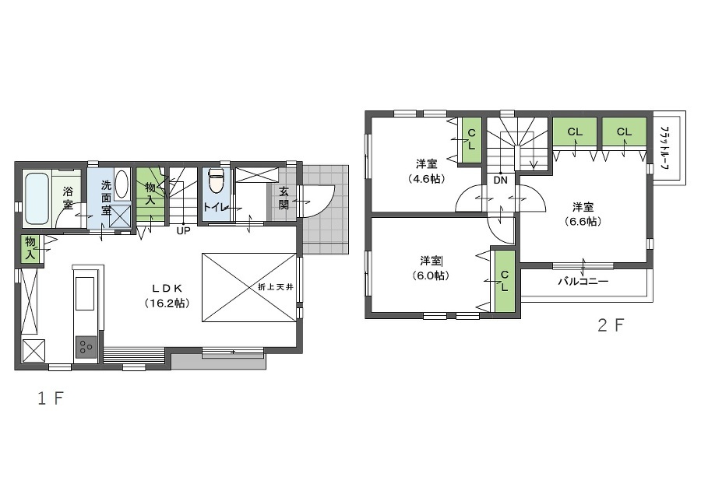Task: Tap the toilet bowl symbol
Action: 216,181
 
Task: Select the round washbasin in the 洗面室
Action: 122,184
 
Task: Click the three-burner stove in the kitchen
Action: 86,347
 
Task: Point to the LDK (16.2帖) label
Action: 167,296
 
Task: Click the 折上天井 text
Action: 276,286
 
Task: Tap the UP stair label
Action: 183,231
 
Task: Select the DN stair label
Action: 501,181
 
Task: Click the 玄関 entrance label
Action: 284,198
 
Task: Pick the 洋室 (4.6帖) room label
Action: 426,171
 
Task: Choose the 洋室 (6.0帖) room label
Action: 431,268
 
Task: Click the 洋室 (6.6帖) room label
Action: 583,214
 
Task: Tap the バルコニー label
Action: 583,282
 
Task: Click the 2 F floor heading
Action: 610,325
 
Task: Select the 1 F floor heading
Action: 51,398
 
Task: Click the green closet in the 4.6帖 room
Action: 471,140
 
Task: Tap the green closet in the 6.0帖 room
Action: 505,282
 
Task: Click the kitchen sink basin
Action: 85,293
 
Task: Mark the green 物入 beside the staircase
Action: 150,194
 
